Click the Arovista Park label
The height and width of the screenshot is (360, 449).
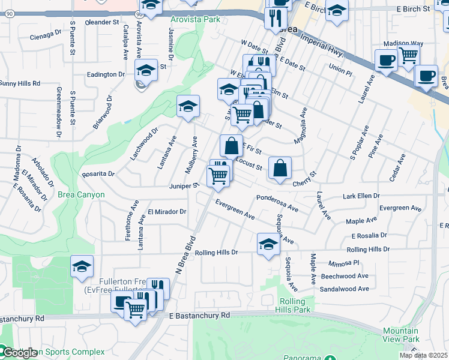coord(195,19)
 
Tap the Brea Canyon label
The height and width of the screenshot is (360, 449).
coord(81,194)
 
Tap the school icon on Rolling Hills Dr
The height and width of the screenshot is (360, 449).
coord(268,244)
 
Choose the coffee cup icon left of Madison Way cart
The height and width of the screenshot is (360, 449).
coord(385,60)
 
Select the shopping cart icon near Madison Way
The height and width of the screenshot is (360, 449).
coord(408,56)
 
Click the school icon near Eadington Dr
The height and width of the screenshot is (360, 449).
coord(145,70)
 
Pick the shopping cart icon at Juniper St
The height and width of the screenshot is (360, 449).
coord(218,176)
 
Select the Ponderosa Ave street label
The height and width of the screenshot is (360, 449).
coord(277,203)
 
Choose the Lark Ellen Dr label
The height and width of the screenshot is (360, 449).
coord(361,196)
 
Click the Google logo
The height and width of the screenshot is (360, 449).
coord(19,353)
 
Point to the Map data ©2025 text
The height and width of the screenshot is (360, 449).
coord(423,355)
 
